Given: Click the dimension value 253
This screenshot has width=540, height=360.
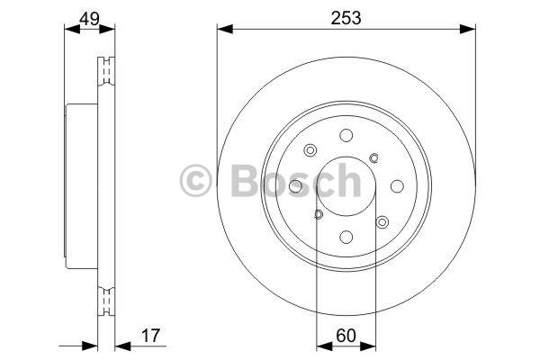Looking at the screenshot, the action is (346, 18).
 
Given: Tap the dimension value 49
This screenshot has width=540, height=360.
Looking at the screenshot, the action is (89, 19).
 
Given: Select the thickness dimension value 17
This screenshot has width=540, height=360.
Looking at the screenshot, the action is (150, 336).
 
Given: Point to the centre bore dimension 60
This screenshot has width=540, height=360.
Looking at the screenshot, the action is (346, 336).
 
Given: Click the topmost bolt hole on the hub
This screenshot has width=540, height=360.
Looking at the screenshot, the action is (346, 135).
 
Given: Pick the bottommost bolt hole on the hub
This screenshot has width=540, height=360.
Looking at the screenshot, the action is (346, 237).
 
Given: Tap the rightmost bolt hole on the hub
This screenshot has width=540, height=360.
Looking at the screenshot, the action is (397, 186).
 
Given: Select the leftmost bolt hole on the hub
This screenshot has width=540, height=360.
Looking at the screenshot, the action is (295, 186).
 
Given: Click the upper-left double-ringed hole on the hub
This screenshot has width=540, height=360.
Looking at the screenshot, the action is (310, 150).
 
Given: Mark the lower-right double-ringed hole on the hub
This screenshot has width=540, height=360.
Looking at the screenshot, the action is (382, 222).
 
